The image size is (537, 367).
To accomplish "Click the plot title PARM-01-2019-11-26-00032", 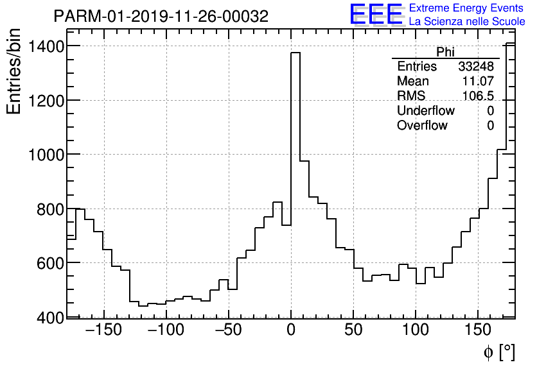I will (x=161, y=16).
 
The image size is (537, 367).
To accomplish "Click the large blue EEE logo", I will (x=376, y=14).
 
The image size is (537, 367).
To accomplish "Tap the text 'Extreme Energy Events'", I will (x=466, y=8).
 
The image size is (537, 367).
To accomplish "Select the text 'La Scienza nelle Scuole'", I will (x=466, y=22).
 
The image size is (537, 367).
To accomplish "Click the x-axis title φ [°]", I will (x=498, y=352).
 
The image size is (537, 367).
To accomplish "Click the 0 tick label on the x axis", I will (x=291, y=331).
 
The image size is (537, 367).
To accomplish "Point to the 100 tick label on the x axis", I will (x=416, y=331).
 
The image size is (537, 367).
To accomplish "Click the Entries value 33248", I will (x=476, y=67).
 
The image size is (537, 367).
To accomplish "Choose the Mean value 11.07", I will (x=478, y=81).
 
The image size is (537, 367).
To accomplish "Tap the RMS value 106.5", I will (x=478, y=96).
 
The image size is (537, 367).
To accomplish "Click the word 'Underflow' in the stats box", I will (x=425, y=111).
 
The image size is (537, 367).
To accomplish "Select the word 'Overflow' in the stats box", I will (x=422, y=126).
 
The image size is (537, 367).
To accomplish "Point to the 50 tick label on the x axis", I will (x=353, y=331).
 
